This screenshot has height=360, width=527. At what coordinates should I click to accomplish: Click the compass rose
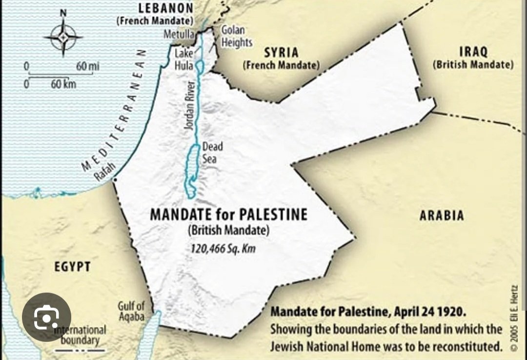(x=62, y=36)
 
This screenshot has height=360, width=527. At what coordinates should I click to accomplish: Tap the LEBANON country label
(x=166, y=8)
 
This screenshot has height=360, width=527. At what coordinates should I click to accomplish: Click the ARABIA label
(x=441, y=215)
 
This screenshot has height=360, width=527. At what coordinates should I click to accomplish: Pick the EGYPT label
(x=72, y=266)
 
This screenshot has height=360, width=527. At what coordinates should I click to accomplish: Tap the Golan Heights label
(x=237, y=37)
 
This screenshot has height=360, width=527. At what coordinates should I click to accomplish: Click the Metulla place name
(x=179, y=35)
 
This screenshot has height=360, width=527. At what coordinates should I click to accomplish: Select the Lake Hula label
(x=184, y=58)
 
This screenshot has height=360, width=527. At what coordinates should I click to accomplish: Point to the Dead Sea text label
(x=213, y=152)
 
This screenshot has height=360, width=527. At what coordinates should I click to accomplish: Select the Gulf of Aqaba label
(x=131, y=311)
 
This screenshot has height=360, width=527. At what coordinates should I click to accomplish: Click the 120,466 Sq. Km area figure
(x=223, y=249)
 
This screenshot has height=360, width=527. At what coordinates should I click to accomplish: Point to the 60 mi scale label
(x=87, y=66)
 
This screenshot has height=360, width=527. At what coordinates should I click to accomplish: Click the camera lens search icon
(x=46, y=317)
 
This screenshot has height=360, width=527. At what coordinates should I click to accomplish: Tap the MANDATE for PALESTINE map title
(x=228, y=215)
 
